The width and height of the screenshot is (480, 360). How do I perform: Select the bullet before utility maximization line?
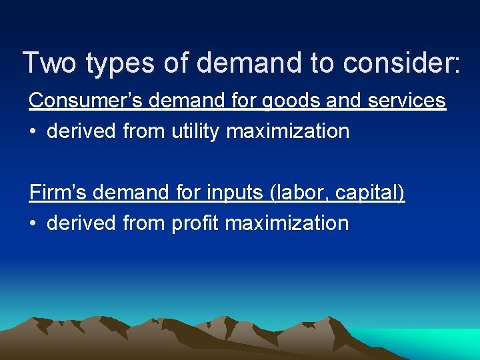point(33,131)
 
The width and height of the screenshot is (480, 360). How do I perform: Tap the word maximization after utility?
point(288,131)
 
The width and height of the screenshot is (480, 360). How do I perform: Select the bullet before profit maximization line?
point(33,223)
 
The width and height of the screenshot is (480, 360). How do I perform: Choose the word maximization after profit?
point(287,223)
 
